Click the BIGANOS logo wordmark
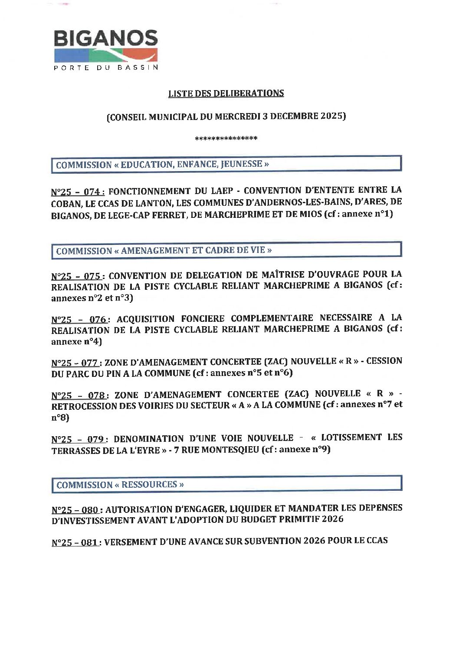click(105, 39)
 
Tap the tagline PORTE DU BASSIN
click(106, 68)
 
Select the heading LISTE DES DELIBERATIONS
click(226, 93)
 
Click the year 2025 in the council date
click(332, 116)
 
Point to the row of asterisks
click(226, 139)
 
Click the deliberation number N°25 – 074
click(78, 192)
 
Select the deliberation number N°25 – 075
click(76, 276)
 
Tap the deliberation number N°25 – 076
click(79, 320)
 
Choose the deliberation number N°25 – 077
click(75, 363)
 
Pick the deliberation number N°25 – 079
click(78, 439)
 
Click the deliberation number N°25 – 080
click(75, 510)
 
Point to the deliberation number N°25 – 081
click(75, 542)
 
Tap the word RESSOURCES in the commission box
click(149, 485)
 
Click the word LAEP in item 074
click(222, 191)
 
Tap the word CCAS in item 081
click(377, 541)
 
